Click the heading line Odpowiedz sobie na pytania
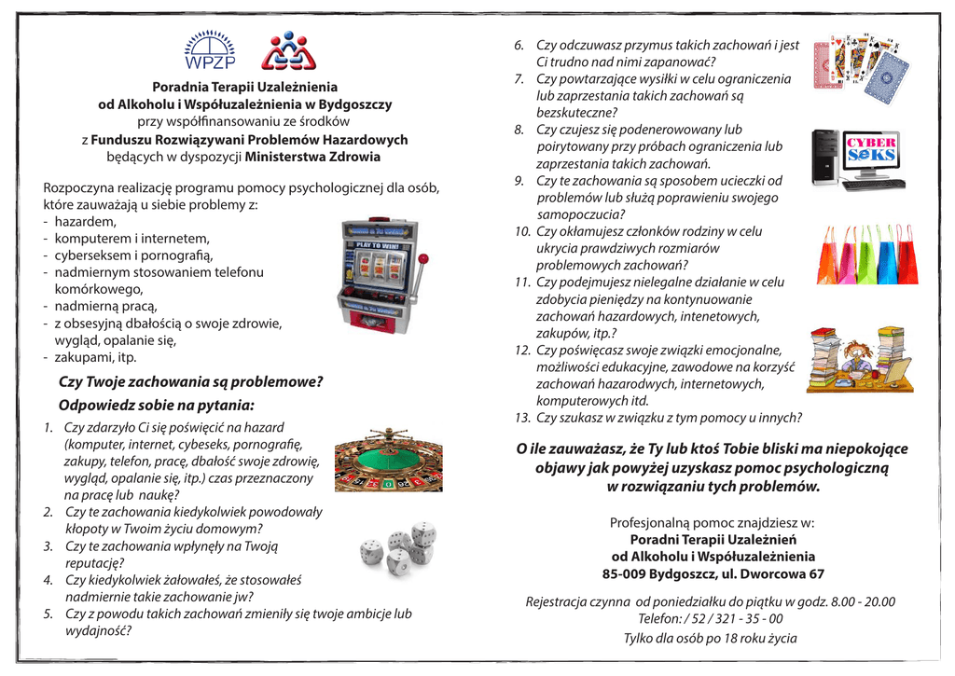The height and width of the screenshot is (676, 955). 156,406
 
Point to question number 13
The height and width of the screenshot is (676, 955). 657,418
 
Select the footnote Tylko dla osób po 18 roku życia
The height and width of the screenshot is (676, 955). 710,638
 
